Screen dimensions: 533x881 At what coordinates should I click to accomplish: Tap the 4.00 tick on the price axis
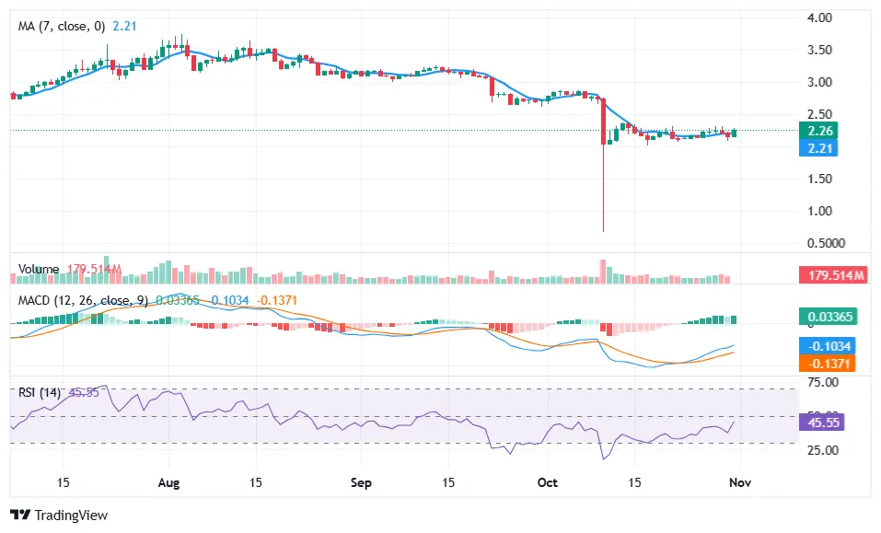[819, 17]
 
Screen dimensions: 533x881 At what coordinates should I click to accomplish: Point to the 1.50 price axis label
[819, 179]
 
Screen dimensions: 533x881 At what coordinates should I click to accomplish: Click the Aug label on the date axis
[168, 482]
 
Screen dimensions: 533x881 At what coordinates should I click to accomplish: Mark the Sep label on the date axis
[361, 482]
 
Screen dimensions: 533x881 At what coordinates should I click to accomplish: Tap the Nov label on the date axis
[739, 482]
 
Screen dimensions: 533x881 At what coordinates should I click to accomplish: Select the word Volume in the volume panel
[39, 269]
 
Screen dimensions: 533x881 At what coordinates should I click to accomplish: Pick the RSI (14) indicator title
[40, 392]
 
